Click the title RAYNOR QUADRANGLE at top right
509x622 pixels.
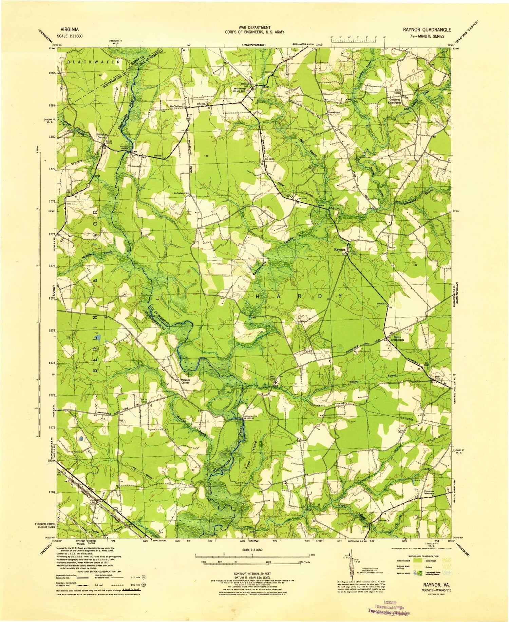pos(427,30)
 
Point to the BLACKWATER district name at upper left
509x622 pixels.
pos(93,62)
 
